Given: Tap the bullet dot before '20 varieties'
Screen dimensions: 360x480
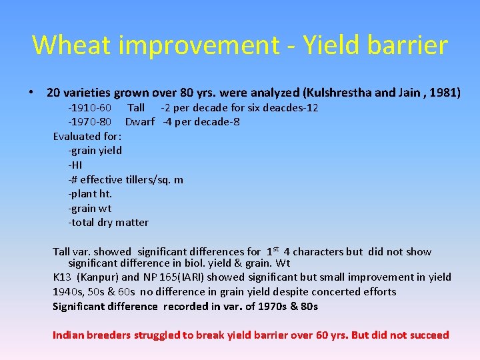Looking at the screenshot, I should [32, 93].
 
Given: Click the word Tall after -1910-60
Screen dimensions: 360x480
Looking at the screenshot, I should [136, 107].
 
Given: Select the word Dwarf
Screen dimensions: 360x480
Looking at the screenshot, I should [140, 122].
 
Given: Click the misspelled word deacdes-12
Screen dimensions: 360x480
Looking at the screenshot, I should [290, 107].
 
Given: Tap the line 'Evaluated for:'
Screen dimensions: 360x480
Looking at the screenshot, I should [87, 136].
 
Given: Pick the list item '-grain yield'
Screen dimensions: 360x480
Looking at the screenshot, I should [95, 151].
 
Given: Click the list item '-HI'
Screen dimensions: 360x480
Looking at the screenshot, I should [75, 165].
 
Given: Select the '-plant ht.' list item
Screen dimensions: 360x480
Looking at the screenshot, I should [90, 194].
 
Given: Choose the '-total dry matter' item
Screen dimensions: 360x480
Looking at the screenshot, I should [108, 223].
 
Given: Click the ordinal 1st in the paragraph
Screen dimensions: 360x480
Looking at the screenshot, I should [273, 251].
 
